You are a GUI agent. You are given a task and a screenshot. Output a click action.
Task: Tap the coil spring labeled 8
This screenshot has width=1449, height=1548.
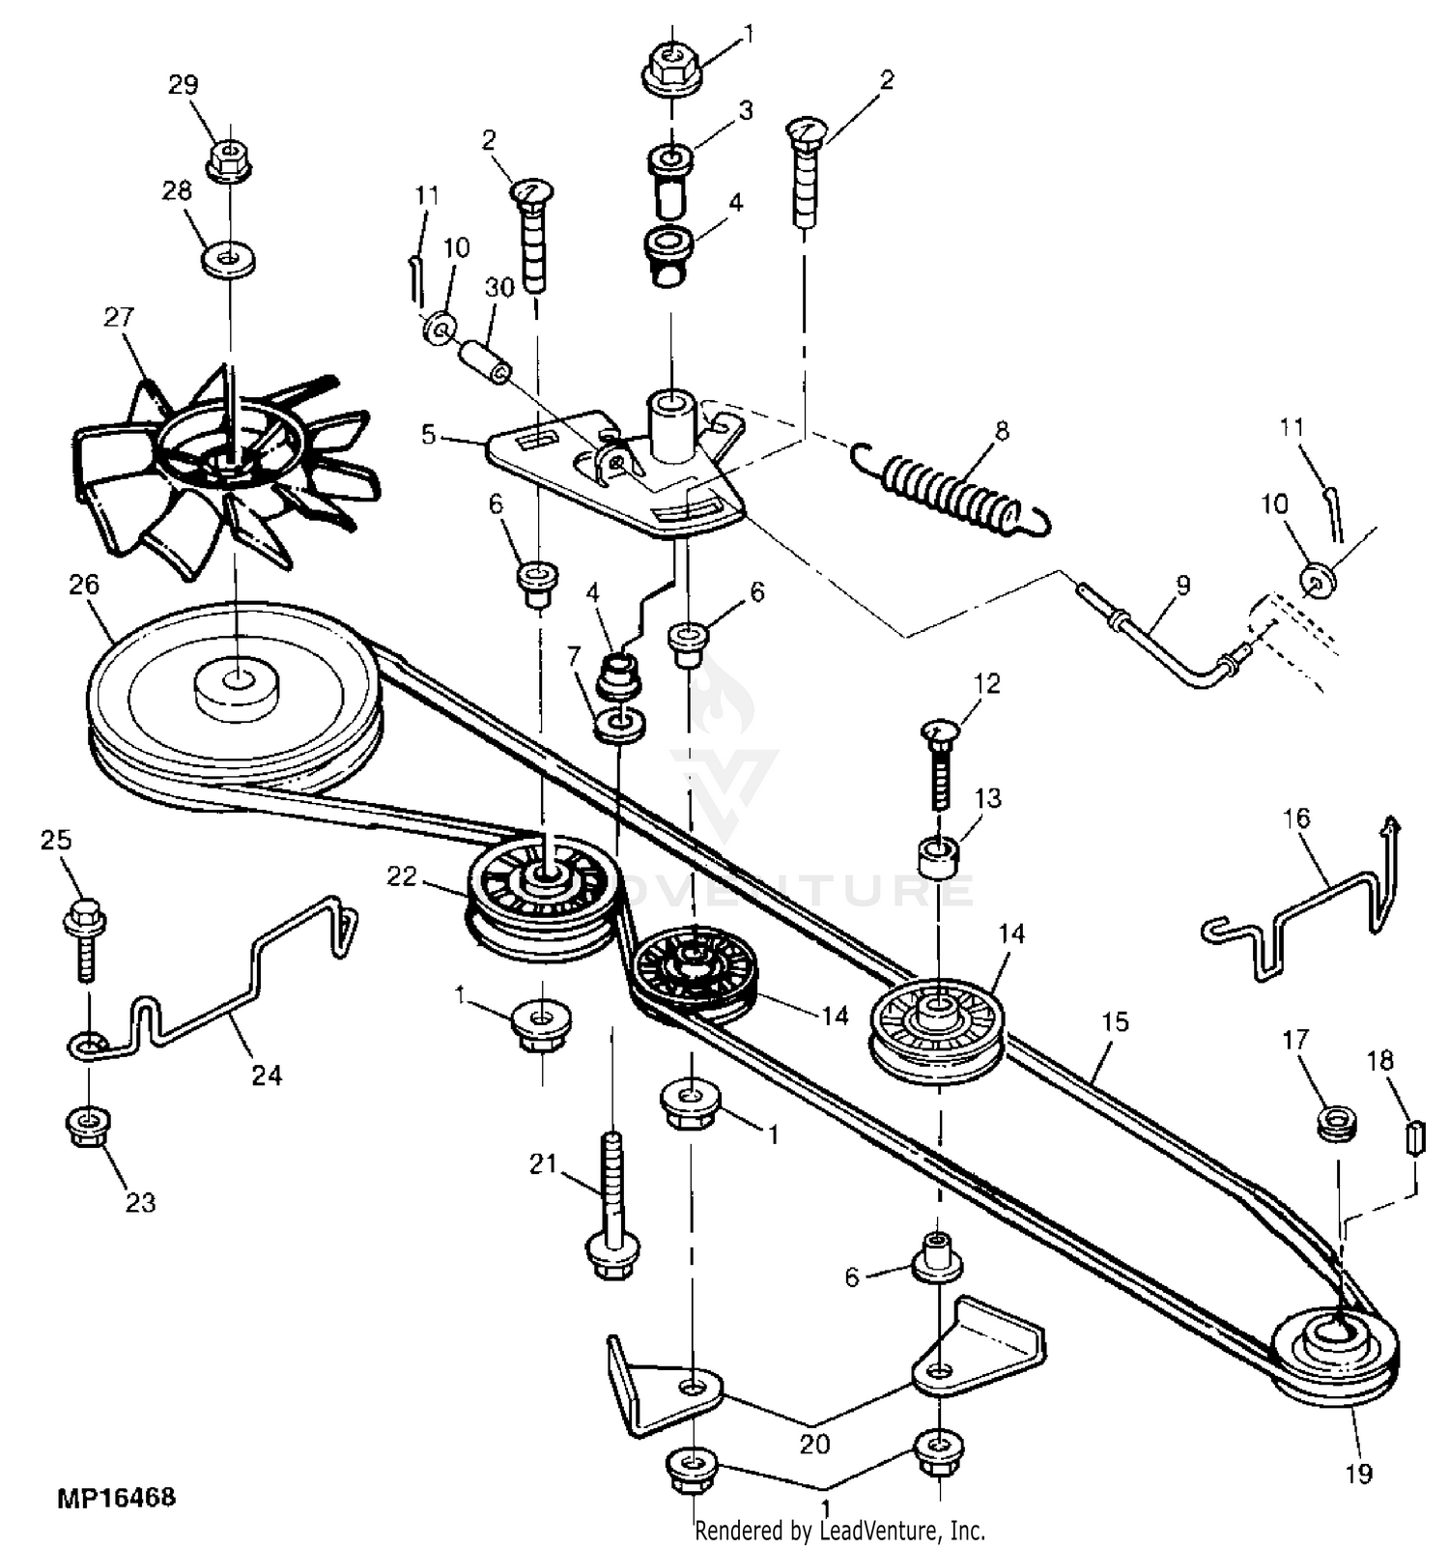click(x=952, y=487)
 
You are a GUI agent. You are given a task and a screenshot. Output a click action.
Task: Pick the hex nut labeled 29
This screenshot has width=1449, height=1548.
click(x=229, y=160)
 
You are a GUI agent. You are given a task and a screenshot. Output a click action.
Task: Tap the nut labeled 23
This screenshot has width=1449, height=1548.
click(x=88, y=1126)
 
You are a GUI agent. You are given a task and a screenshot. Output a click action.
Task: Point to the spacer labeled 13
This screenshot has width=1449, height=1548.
click(x=938, y=858)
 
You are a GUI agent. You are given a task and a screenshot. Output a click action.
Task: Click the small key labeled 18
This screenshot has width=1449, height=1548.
click(x=1414, y=1137)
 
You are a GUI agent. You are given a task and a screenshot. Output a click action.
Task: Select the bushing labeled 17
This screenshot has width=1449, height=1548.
click(x=1337, y=1125)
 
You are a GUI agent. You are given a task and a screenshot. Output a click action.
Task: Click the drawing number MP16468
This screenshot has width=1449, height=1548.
click(x=117, y=1498)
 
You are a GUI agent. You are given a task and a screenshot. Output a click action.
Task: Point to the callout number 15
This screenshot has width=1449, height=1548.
click(x=1115, y=1021)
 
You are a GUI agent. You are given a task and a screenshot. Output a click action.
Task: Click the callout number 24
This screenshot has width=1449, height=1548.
click(x=267, y=1075)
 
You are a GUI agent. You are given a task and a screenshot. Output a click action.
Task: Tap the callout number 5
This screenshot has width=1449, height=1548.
click(x=429, y=434)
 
